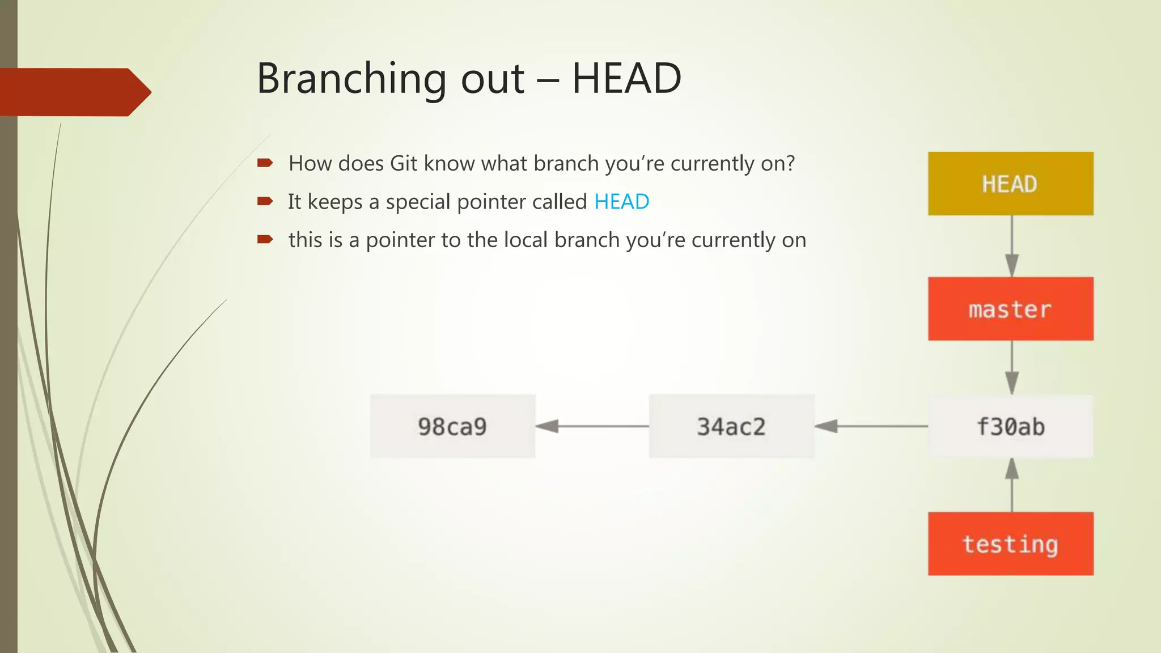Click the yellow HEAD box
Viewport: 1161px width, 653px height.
tap(1010, 184)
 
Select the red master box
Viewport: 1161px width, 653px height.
tap(1010, 309)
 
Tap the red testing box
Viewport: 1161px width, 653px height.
tap(1010, 544)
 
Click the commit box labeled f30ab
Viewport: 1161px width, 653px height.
tap(1010, 426)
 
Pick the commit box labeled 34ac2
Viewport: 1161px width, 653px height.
tap(731, 426)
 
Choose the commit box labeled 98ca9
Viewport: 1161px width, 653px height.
tap(452, 426)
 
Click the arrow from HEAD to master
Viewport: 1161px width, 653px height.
tap(1012, 246)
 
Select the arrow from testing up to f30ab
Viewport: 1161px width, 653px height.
tap(1012, 485)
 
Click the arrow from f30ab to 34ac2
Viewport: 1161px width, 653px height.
tap(871, 426)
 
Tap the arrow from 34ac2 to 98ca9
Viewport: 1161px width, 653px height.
tap(592, 426)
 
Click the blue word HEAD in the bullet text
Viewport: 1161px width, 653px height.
tap(621, 202)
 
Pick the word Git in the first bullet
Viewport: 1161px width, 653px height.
tap(404, 163)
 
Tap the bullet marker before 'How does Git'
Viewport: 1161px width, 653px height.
tap(265, 163)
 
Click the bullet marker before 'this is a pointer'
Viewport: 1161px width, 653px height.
tap(265, 239)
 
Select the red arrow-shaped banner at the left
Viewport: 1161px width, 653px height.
tap(74, 92)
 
